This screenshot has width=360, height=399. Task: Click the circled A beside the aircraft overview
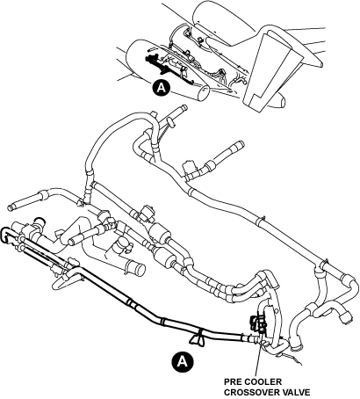click(x=162, y=88)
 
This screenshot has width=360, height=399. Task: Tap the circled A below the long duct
click(x=183, y=361)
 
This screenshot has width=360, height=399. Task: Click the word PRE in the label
click(x=234, y=382)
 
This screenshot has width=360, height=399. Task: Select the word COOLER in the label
click(x=264, y=382)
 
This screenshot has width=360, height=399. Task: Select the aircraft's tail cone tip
click(x=282, y=102)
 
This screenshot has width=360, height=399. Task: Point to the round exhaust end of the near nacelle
click(x=203, y=95)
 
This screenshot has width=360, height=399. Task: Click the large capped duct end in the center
click(x=139, y=268)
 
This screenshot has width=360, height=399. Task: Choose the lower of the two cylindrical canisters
click(x=164, y=258)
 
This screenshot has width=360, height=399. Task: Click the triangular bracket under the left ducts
click(x=62, y=283)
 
